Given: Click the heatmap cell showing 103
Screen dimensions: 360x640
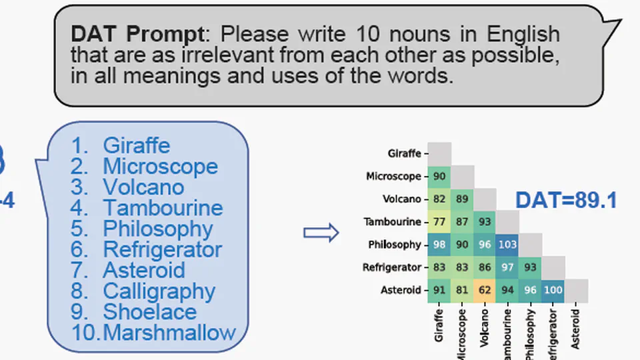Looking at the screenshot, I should (x=507, y=245).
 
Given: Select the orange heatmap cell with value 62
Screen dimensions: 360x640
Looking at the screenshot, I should (x=485, y=290).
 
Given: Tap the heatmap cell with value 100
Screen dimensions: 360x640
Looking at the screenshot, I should (x=553, y=290).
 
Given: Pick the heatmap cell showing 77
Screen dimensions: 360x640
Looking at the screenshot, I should (x=439, y=222).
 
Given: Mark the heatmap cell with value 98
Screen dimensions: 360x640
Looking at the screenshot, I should (x=439, y=245).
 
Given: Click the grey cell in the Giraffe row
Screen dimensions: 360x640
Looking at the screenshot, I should (x=439, y=153).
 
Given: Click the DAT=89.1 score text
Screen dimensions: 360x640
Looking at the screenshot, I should (x=566, y=199).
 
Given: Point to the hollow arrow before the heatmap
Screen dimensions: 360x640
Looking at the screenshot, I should (x=321, y=233).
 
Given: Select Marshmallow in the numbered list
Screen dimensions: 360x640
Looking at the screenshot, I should (x=170, y=332).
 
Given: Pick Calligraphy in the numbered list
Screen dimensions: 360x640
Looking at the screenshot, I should (x=159, y=291).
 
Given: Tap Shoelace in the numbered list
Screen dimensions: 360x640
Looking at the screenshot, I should (x=149, y=311).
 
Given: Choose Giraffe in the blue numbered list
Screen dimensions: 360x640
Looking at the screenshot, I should (x=136, y=145).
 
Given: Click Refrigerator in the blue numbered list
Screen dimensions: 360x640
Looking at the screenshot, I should (x=162, y=249).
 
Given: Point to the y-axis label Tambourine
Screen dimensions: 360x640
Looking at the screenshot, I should (x=392, y=222).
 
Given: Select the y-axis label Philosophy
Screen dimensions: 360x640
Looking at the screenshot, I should (x=394, y=245).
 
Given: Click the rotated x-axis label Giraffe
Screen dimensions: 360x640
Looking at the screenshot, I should (x=439, y=325).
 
